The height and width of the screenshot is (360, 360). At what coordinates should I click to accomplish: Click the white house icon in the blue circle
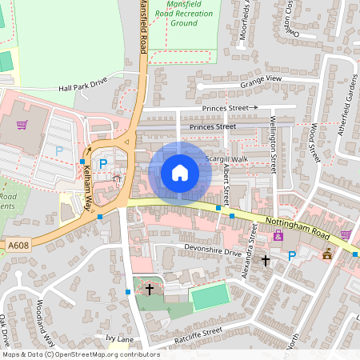[180, 173]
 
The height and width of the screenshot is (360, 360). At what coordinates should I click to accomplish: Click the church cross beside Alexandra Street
[266, 260]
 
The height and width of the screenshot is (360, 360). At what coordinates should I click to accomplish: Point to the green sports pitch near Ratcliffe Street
[210, 297]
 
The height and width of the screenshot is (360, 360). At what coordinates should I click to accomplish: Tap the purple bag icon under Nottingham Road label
[278, 236]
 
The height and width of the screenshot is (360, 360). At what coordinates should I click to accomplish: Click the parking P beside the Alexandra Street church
[292, 256]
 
